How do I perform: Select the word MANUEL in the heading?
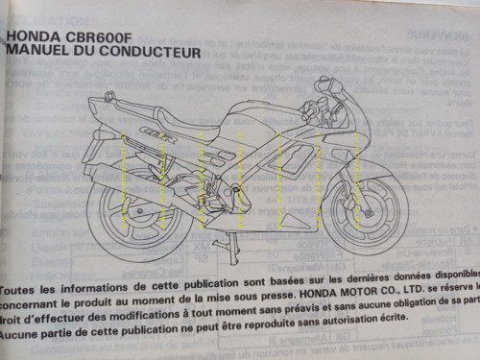[38, 56]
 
